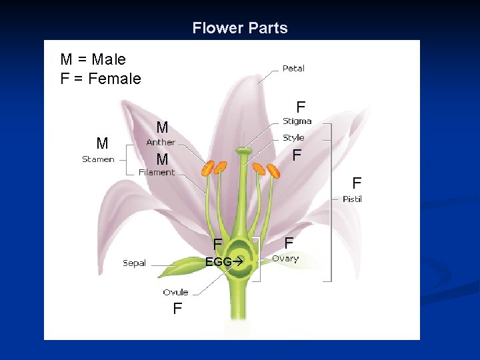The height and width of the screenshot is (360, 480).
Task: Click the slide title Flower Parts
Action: pos(240,28)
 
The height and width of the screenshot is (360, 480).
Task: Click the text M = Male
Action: pos(93,59)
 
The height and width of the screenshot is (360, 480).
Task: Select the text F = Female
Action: pos(101,79)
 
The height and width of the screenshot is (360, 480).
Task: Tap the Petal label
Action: pos(293,68)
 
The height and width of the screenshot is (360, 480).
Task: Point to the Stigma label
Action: pos(297,121)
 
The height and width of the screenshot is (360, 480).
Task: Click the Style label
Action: pos(293,138)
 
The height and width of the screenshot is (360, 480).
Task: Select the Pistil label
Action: pos(352,199)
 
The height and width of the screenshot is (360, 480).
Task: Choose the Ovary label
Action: pos(285,259)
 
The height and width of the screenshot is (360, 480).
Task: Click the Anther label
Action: pos(161,142)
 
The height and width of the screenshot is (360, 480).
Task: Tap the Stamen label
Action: pos(98,159)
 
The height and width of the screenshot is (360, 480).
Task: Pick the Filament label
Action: pos(157,172)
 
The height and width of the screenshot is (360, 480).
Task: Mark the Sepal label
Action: pos(134,263)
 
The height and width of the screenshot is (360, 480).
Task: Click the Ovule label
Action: pos(175,292)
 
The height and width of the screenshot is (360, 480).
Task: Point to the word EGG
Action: pos(218,262)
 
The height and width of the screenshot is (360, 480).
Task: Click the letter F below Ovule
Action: pos(177,309)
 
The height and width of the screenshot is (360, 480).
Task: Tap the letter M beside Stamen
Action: pos(102,143)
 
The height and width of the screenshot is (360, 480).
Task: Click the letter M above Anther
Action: pos(162,127)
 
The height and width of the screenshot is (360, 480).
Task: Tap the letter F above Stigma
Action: pos(301,107)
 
